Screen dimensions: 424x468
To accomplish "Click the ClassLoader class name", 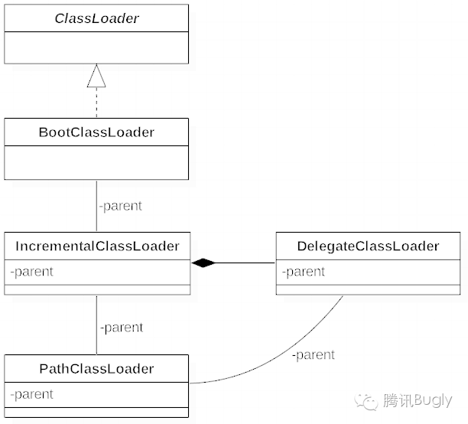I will click(x=96, y=18).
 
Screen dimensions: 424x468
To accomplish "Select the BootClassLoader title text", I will click(x=96, y=132).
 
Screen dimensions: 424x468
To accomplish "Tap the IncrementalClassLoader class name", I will click(x=96, y=246).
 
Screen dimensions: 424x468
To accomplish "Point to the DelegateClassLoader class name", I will click(x=368, y=246).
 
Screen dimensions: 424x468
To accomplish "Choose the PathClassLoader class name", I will click(x=96, y=368).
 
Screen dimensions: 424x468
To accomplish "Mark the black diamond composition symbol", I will click(x=203, y=263).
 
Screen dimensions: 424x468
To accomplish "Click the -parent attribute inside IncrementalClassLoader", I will click(x=32, y=272).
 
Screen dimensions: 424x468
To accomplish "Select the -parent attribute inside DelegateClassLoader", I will click(x=304, y=272).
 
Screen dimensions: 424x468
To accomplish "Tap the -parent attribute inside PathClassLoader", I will click(x=32, y=394).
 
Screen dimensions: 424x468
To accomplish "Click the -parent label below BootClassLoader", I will click(x=120, y=206).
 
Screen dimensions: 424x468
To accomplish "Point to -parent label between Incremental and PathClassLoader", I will click(x=121, y=328).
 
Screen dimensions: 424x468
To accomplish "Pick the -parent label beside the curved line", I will click(x=313, y=354).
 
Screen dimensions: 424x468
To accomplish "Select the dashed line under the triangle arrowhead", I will click(x=96, y=103).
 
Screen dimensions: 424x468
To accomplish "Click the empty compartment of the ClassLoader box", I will click(x=96, y=47).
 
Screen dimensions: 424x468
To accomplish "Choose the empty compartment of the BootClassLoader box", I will click(x=96, y=162).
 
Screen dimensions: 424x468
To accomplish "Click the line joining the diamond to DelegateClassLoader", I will click(x=245, y=263).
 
